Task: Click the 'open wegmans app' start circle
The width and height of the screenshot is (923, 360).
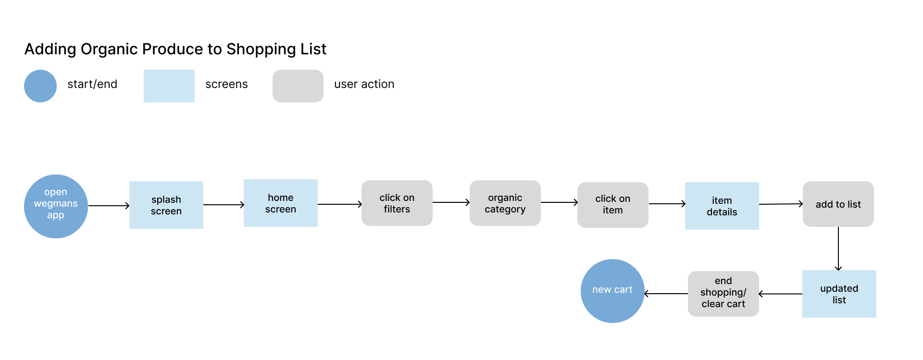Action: tap(56, 206)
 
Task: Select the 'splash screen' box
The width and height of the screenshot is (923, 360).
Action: tap(166, 205)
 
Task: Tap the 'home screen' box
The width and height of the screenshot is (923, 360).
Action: tap(281, 203)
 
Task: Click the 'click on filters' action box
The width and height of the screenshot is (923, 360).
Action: tap(397, 203)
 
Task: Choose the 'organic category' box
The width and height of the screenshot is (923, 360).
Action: tap(505, 203)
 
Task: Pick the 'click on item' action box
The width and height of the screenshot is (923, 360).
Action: tap(613, 205)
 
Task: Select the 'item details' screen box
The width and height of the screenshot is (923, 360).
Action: tap(722, 206)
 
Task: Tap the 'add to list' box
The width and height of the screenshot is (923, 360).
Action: tap(838, 204)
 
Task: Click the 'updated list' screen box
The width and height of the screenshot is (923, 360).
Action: tap(839, 294)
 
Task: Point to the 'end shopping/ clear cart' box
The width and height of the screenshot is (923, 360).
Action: tap(723, 294)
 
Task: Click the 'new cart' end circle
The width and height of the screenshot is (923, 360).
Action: tap(612, 291)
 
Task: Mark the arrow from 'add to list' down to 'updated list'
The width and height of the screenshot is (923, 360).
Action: tap(838, 249)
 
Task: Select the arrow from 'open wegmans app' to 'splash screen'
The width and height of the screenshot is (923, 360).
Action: tap(109, 206)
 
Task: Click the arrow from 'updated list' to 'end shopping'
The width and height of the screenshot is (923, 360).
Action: tap(781, 294)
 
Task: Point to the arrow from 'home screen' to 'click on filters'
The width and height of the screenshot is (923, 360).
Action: tap(340, 204)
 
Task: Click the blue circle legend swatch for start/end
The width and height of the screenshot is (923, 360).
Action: tap(40, 86)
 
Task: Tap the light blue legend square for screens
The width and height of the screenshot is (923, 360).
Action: tap(169, 86)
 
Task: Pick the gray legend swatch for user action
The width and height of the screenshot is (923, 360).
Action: tap(298, 86)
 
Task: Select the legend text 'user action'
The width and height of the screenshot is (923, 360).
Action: tap(364, 84)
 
